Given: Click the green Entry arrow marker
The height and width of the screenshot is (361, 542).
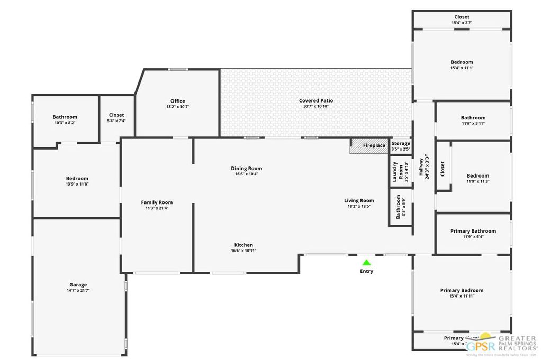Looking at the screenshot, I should [366, 262].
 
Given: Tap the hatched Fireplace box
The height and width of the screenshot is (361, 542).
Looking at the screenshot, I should [369, 146].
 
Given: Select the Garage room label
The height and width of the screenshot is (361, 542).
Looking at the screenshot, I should [78, 285].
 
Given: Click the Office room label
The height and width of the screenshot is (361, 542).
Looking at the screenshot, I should [177, 101].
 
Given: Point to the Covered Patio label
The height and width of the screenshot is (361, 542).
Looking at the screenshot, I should [316, 100].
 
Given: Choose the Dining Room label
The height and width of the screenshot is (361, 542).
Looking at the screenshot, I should [246, 169].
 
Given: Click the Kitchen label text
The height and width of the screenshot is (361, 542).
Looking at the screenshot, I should [243, 245].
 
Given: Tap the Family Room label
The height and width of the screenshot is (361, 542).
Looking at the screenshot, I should [157, 202].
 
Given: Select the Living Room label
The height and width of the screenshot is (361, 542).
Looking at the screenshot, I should [359, 200].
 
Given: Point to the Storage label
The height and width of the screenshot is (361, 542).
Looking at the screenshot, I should [401, 143].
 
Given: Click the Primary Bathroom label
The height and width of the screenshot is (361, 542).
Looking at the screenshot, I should [473, 231].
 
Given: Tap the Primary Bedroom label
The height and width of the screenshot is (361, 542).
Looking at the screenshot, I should [462, 290].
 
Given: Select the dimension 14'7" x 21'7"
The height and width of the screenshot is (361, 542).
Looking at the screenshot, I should [78, 291].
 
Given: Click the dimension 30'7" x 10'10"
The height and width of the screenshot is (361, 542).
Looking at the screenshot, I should [316, 106].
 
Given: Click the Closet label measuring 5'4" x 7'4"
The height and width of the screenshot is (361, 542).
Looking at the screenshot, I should [116, 115].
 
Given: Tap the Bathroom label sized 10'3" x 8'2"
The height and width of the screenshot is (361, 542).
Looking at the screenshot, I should [65, 117].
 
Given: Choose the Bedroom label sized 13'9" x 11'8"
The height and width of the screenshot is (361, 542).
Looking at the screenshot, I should [77, 178].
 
